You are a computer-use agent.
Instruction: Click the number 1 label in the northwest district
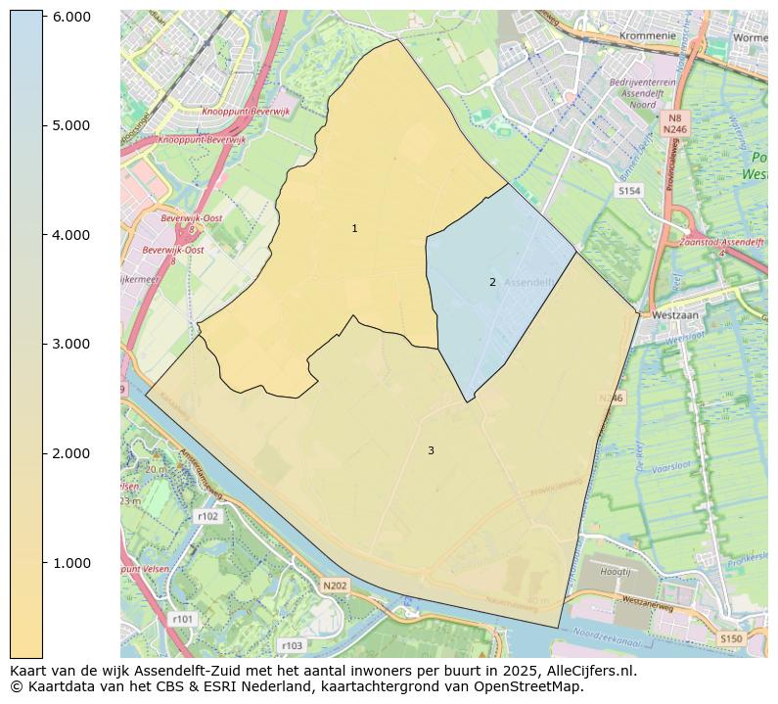[x=354, y=228]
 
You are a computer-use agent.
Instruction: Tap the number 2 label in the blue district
[x=492, y=282]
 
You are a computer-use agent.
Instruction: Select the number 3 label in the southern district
[x=431, y=450]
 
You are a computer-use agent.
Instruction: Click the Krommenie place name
[x=647, y=35]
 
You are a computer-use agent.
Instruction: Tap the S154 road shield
[x=629, y=191]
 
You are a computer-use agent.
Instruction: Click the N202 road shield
[x=335, y=586]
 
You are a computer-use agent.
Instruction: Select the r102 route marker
[x=207, y=516]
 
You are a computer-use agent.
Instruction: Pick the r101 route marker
[x=183, y=619]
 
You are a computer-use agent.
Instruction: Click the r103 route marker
[x=292, y=646]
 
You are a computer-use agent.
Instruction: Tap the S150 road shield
[x=730, y=638]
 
